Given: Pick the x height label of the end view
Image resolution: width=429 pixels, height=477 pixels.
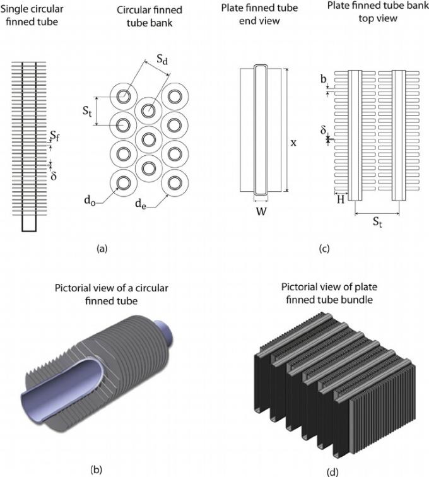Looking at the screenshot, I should pyautogui.click(x=293, y=143).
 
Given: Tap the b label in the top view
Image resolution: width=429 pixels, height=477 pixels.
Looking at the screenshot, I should pyautogui.click(x=324, y=79).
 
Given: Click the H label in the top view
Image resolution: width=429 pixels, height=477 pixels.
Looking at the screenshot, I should pyautogui.click(x=341, y=200).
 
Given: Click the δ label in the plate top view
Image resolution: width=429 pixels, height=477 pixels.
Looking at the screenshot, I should pyautogui.click(x=324, y=131).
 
